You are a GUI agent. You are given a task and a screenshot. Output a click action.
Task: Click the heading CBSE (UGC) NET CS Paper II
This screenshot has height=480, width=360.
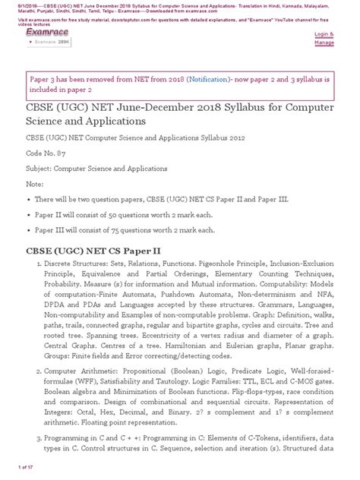click(94, 251)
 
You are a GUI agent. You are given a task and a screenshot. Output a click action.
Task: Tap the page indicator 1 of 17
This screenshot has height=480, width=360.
click(17, 474)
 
